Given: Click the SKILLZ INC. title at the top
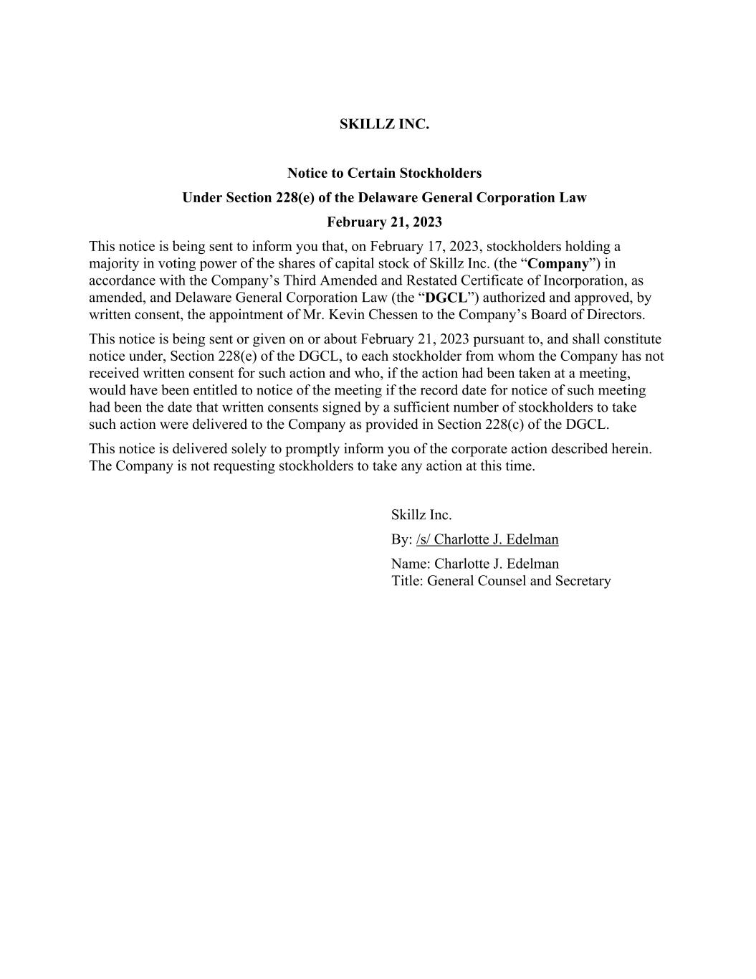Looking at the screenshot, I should (384, 124).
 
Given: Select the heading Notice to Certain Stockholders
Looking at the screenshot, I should (384, 173).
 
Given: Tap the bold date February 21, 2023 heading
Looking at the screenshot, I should (384, 222).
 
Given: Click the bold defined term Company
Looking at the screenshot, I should (558, 263).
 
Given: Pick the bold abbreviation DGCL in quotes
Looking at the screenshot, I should (446, 298).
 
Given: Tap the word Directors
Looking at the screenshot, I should (614, 314).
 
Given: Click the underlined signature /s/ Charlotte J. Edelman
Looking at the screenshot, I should (487, 539).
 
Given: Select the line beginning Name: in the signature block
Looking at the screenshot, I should (475, 564).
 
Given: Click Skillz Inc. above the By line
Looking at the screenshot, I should (421, 515).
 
